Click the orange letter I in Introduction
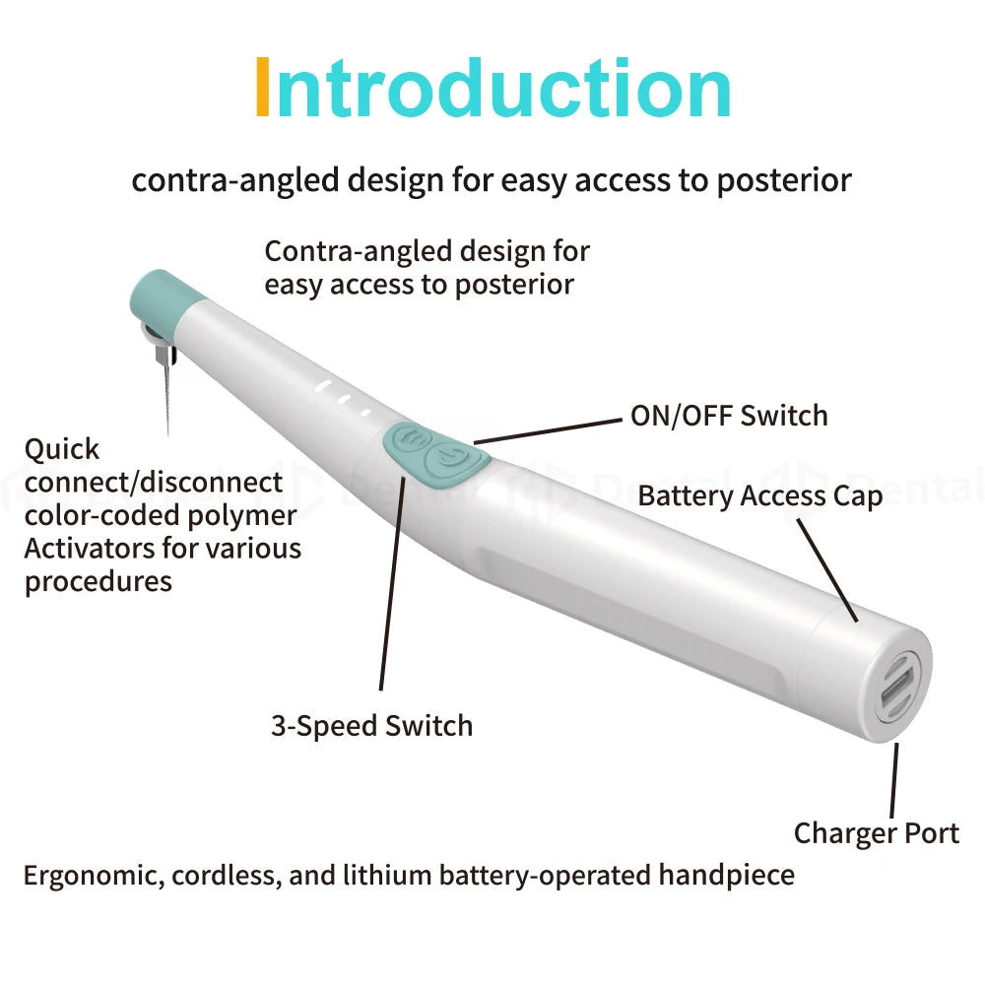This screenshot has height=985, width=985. [x=262, y=90]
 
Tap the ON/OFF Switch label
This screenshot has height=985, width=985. [x=729, y=416]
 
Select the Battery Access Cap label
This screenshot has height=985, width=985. [x=759, y=495]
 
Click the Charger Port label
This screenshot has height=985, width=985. [x=876, y=833]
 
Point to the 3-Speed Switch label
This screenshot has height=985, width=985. [x=371, y=726]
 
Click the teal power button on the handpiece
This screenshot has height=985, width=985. [x=449, y=459]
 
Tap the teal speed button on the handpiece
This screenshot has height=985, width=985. [x=411, y=438]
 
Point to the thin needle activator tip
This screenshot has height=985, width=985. [x=166, y=394]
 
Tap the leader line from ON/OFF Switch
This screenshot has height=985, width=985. [x=552, y=429]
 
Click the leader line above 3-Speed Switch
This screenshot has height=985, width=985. [x=392, y=581]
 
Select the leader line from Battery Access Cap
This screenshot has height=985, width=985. [x=827, y=568]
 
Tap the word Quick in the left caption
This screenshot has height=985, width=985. [x=62, y=450]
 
